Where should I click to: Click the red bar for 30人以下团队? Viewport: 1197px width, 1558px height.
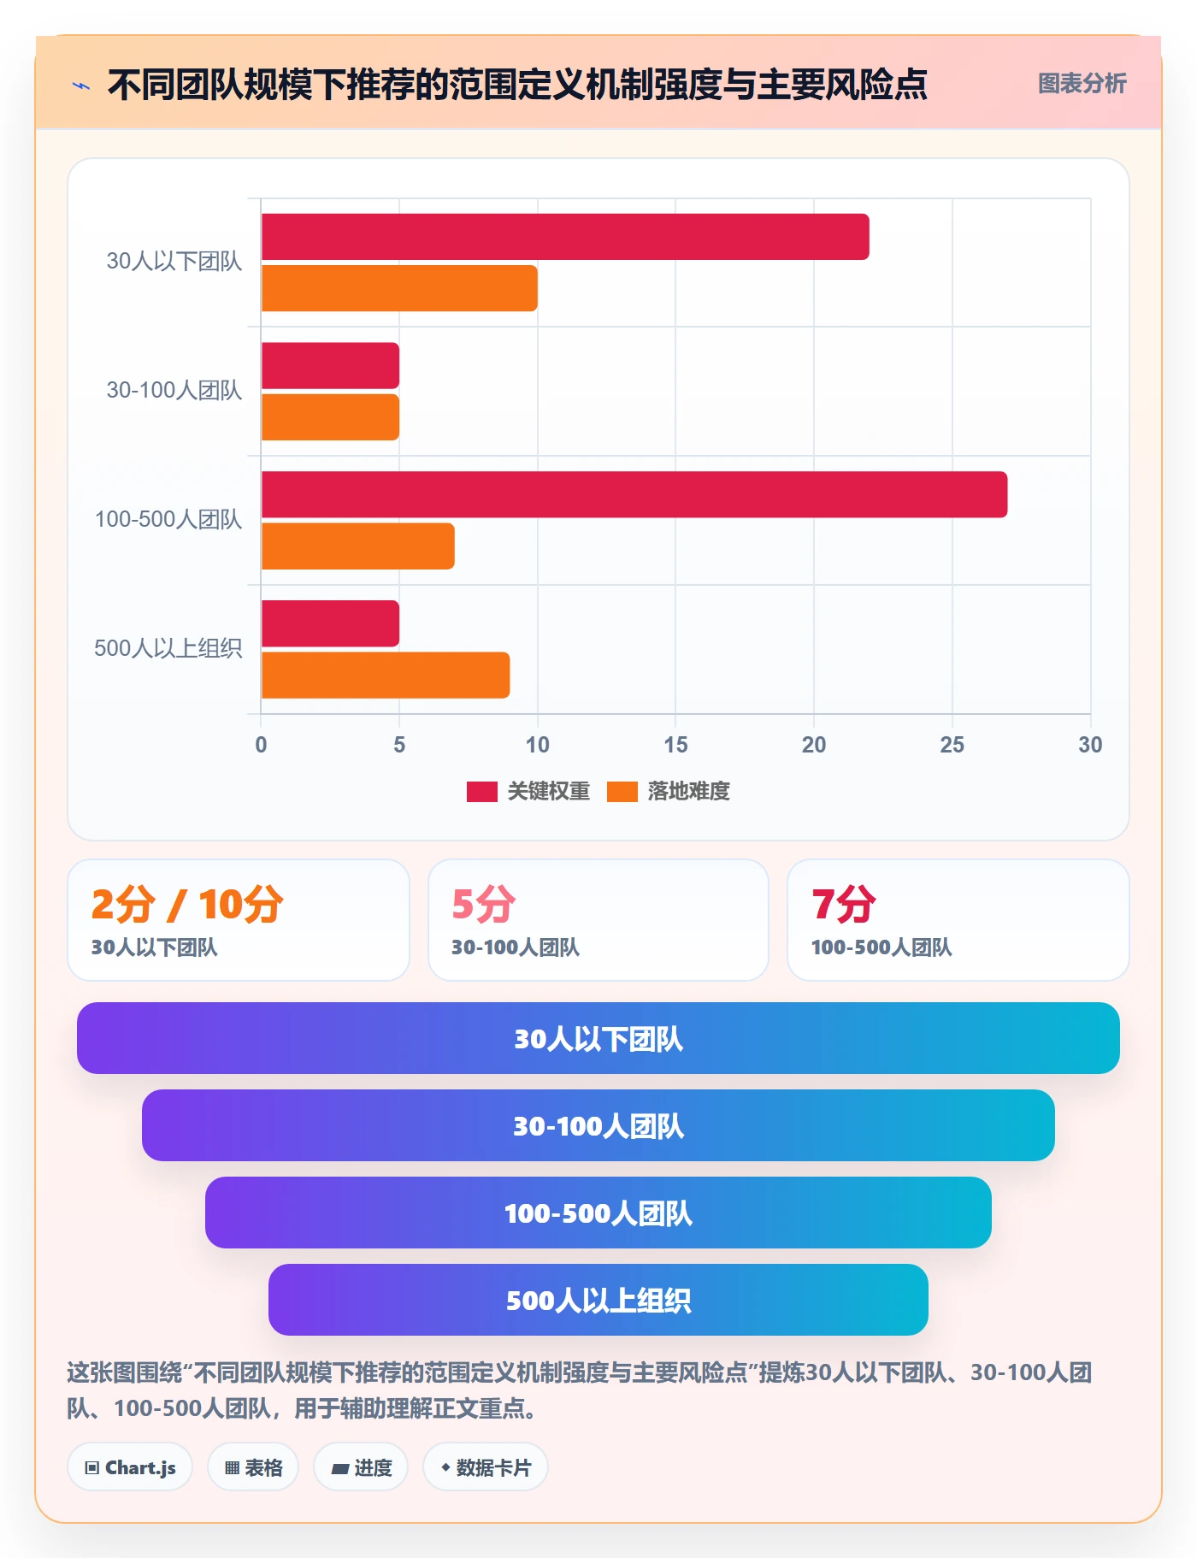coord(565,237)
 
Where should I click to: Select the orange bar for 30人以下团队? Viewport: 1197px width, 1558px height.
coord(399,288)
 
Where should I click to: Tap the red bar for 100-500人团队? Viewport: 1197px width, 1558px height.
coord(634,494)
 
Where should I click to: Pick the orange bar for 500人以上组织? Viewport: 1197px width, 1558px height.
coord(386,675)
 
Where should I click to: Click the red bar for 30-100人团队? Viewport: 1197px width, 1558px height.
coord(330,365)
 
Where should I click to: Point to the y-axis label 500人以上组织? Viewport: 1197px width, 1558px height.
coord(168,648)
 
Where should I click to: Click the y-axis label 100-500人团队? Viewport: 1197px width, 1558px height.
coord(168,519)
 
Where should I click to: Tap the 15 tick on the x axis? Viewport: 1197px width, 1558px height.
coord(675,745)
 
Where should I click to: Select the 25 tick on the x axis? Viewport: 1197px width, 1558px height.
coord(952,745)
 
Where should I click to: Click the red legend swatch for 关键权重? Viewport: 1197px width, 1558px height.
coord(481,792)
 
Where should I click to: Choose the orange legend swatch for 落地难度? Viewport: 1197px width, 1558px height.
coord(622,792)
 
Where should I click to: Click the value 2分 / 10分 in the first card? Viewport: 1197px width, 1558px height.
coord(187,905)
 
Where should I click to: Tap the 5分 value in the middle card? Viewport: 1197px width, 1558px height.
coord(484,905)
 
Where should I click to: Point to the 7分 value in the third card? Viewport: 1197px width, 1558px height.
coord(844,905)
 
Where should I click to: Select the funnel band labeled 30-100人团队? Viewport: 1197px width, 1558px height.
coord(598,1125)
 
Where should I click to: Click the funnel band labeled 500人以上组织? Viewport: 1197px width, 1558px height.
coord(598,1300)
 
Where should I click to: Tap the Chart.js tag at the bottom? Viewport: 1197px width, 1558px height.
coord(130,1467)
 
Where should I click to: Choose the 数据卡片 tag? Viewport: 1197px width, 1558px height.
coord(486,1467)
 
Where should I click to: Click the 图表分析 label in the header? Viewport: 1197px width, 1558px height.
coord(1082,84)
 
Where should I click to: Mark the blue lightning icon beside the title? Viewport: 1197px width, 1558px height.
coord(81,86)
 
